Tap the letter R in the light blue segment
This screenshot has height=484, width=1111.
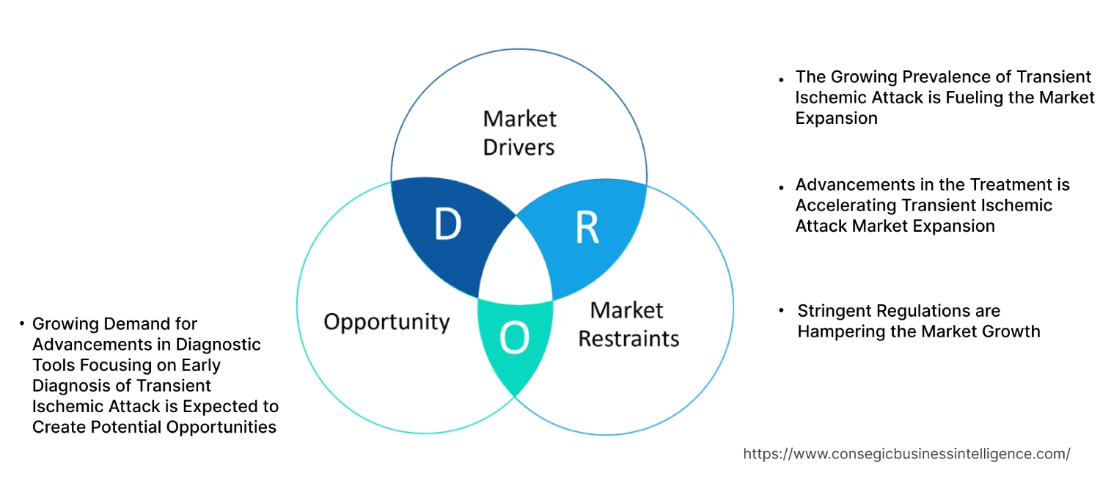point(587,228)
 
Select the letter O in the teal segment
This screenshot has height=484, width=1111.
point(513,338)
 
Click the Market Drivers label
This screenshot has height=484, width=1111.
point(519,133)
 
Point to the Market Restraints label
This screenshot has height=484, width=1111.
point(628,324)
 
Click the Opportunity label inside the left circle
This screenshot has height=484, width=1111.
point(386,321)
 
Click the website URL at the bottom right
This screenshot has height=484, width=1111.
point(906,454)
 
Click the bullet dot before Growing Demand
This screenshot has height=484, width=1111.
point(22,323)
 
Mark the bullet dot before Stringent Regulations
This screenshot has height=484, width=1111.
point(782,311)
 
